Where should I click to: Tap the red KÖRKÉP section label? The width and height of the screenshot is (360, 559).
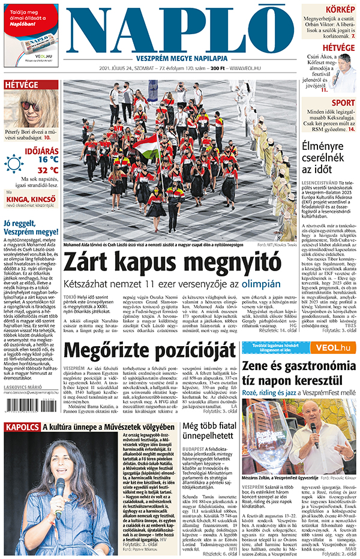click(x=340, y=10)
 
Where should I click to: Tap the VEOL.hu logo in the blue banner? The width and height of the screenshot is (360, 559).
click(x=335, y=348)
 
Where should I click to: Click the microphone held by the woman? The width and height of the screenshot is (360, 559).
click(x=59, y=486)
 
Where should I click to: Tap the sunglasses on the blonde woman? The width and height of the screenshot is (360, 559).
click(x=29, y=106)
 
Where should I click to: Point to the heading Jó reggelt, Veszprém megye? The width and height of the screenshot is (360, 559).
click(x=31, y=227)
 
